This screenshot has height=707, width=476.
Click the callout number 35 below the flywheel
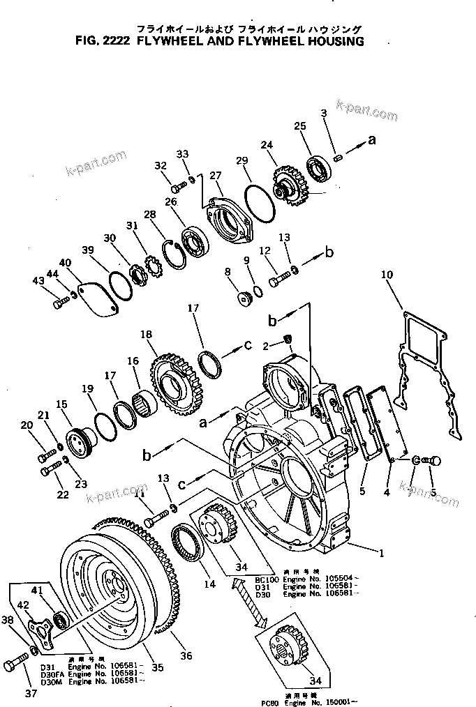tap(157, 668)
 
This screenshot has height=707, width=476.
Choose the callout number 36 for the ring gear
tap(186, 655)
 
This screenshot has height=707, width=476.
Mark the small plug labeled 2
tap(286, 340)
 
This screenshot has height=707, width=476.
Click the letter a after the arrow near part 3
tap(371, 139)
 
